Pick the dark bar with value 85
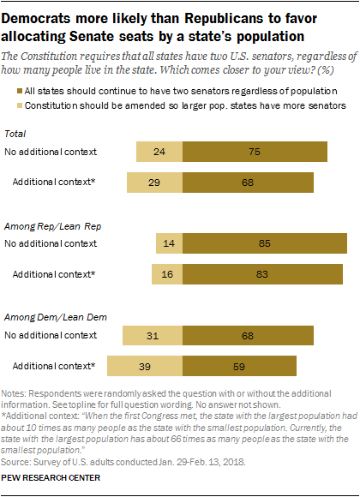point(265,244)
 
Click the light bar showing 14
point(168,244)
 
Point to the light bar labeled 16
point(166,274)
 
